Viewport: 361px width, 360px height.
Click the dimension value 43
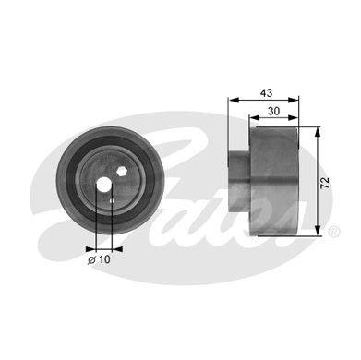[x=266, y=92]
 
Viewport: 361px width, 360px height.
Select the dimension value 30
[x=273, y=111]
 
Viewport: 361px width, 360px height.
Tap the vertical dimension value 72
[x=325, y=183]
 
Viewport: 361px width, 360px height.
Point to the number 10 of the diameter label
[x=104, y=259]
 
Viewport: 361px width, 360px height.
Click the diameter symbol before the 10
[x=92, y=260]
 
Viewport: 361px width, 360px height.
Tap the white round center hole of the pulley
[x=104, y=185]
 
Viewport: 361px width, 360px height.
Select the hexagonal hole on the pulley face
[x=122, y=171]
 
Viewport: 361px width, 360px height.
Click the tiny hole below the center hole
[x=112, y=201]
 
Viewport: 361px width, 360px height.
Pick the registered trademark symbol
[x=334, y=232]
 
